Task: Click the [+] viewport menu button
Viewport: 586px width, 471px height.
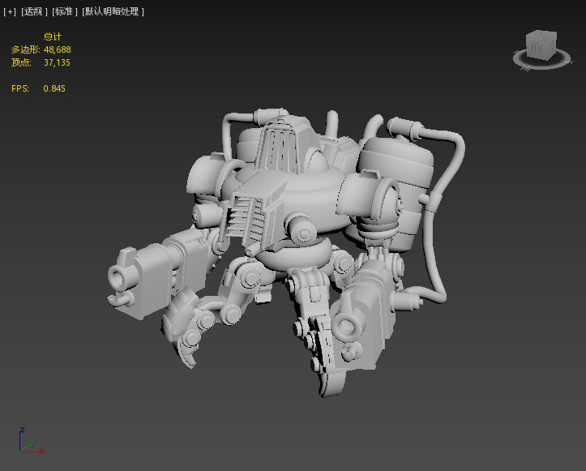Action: [10, 12]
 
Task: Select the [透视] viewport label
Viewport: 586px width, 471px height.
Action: [33, 12]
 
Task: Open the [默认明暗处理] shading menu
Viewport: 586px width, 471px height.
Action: [113, 12]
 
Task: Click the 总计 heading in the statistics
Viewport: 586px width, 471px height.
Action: [52, 37]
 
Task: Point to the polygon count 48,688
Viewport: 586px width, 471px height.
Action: [57, 49]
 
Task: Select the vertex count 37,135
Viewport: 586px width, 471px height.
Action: [57, 62]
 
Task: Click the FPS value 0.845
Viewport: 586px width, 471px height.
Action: [54, 88]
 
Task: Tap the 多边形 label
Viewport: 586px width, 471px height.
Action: [25, 49]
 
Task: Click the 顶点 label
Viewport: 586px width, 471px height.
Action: [22, 62]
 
